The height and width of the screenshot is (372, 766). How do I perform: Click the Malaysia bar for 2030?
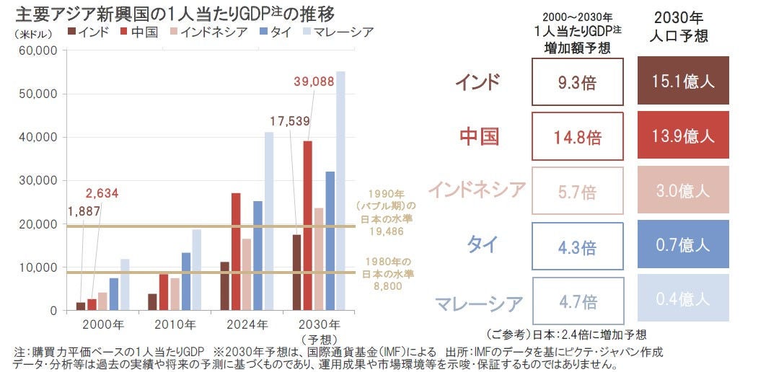coord(340,191)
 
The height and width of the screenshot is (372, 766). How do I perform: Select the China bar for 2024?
coord(236,252)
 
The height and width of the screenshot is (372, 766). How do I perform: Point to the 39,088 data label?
coord(314,81)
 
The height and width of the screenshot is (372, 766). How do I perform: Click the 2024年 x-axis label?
coord(247,324)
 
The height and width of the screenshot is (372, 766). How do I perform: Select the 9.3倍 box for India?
coord(577,81)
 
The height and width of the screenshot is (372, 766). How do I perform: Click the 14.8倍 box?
coord(577,136)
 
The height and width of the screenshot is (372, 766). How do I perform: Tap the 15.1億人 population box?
coord(683,81)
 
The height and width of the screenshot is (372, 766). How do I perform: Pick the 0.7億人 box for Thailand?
coord(683,244)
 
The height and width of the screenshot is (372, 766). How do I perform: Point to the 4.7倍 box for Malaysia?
coord(577,300)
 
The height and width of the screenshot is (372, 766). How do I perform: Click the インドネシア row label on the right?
coord(477,190)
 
